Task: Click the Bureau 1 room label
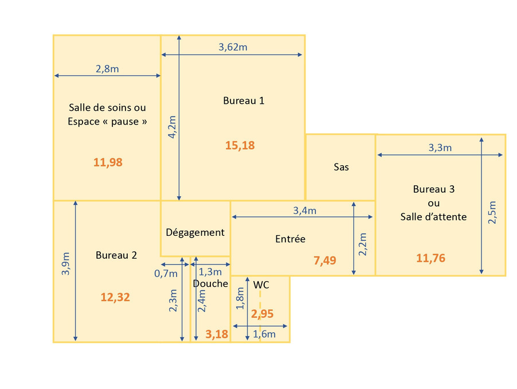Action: (x=244, y=100)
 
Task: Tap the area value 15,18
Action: (x=240, y=146)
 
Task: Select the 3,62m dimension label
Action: (x=233, y=47)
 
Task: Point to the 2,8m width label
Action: (x=107, y=69)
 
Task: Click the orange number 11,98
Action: (x=108, y=162)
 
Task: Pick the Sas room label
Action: (x=341, y=167)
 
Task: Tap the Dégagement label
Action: (x=195, y=232)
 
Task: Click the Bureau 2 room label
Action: (x=116, y=255)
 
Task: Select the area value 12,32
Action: (x=115, y=297)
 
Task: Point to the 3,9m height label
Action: (x=66, y=263)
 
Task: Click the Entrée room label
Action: (x=291, y=239)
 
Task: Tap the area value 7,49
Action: (x=325, y=260)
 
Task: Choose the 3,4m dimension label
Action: (x=305, y=211)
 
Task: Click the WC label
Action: (x=261, y=285)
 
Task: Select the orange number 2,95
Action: (x=262, y=314)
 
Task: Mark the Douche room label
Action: (x=210, y=284)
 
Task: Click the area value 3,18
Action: (x=217, y=334)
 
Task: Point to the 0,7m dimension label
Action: (x=166, y=274)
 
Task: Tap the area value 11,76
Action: (x=430, y=258)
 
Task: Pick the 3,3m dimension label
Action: (x=440, y=148)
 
